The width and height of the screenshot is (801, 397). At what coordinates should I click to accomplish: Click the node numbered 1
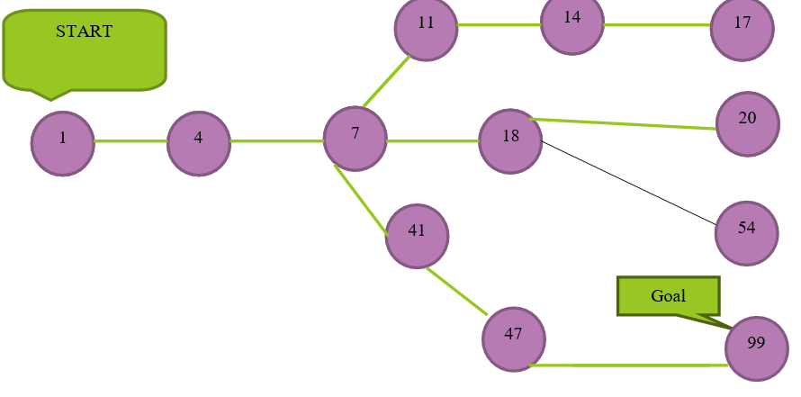(x=63, y=143)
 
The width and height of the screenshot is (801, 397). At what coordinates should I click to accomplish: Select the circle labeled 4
(x=199, y=143)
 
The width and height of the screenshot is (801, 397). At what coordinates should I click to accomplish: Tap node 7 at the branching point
(x=355, y=138)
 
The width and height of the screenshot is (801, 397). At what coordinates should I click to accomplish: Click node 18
(x=510, y=140)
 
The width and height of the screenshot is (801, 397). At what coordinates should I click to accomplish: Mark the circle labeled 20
(x=748, y=123)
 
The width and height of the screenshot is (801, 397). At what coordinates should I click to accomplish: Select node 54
(x=747, y=232)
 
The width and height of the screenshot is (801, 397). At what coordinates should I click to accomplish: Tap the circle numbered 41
(x=417, y=235)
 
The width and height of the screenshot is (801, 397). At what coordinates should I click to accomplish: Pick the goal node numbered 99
(x=757, y=347)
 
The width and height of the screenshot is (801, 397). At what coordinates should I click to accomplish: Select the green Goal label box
(x=669, y=295)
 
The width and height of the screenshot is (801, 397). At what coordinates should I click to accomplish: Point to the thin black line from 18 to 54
(x=630, y=184)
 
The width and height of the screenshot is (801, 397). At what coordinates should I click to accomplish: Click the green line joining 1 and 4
(x=130, y=141)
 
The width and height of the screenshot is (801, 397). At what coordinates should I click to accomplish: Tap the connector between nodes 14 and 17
(x=657, y=25)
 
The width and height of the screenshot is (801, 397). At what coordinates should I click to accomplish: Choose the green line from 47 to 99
(x=630, y=365)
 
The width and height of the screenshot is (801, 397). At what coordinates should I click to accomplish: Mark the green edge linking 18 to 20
(x=625, y=124)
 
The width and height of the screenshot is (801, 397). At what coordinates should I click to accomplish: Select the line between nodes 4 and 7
(x=277, y=141)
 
